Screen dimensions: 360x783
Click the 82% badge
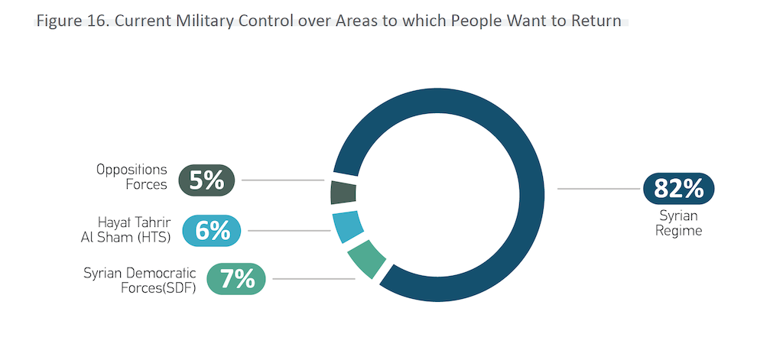point(678,188)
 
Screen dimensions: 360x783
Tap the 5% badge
point(206,180)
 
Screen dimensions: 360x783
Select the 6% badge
point(213,230)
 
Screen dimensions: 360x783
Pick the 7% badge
point(237,279)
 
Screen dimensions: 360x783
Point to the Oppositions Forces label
point(132,176)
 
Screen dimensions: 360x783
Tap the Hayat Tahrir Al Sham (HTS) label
point(125,229)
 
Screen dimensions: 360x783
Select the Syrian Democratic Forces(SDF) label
point(140,280)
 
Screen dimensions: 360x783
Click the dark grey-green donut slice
point(343,192)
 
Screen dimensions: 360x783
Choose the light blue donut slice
point(347,226)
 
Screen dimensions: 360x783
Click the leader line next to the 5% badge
point(282,180)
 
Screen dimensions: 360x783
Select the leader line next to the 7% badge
point(314,279)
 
